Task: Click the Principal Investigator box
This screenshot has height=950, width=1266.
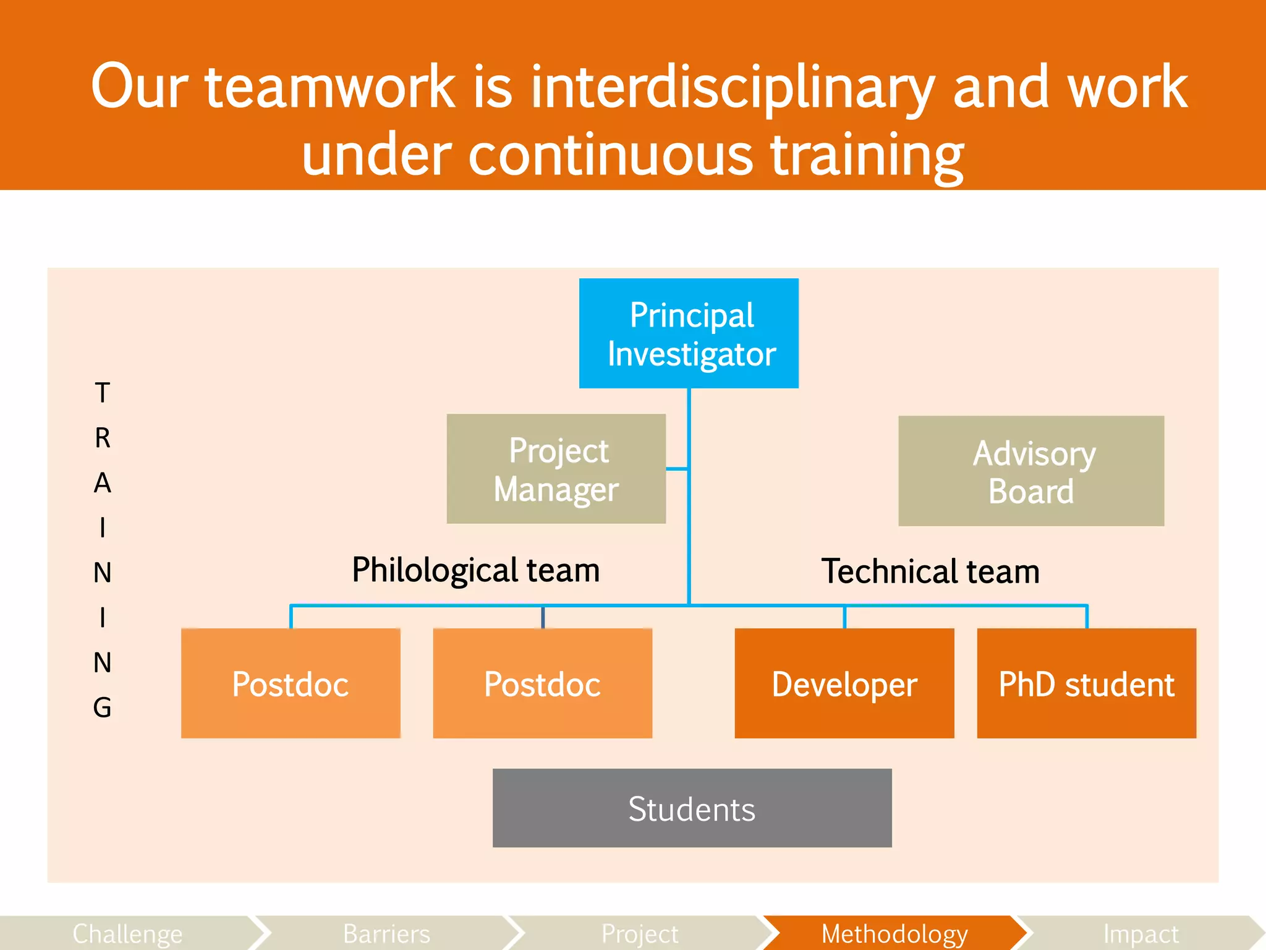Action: [x=689, y=333]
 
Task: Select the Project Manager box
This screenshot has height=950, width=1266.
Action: [x=556, y=469]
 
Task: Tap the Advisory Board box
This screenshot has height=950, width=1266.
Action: [x=1031, y=471]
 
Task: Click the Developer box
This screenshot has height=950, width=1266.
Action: [x=844, y=683]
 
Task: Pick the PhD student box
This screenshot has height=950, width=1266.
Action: [x=1086, y=683]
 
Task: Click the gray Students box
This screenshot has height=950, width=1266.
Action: [x=692, y=808]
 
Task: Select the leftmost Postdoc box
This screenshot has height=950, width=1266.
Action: [x=291, y=683]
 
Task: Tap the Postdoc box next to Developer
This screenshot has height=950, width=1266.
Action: [x=542, y=683]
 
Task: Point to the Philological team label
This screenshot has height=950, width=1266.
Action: [x=475, y=570]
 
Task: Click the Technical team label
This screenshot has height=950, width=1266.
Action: [x=930, y=571]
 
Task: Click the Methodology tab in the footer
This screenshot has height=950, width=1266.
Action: [x=894, y=933]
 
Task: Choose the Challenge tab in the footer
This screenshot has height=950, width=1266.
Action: [x=127, y=933]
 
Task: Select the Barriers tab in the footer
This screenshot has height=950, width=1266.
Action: [x=386, y=933]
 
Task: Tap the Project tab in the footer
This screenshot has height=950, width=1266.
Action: [x=640, y=933]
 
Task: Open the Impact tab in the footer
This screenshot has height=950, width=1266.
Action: [x=1141, y=933]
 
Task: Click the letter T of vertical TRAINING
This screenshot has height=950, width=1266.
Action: [x=103, y=393]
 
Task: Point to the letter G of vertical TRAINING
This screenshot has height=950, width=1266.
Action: [x=103, y=708]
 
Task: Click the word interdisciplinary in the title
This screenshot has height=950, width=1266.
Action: [x=732, y=87]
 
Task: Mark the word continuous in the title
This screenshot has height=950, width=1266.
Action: [x=611, y=155]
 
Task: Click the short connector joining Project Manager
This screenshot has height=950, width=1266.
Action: [x=677, y=469]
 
